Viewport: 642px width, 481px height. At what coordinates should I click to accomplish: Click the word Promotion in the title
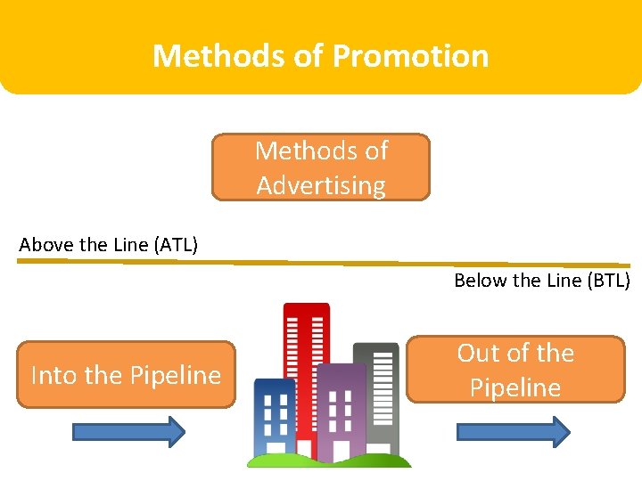coord(411,56)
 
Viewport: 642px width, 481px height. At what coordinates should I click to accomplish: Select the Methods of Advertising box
coord(321,167)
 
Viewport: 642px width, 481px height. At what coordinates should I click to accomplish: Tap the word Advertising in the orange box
coord(321,185)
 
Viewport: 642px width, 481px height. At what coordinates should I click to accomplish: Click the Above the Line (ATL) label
coord(108,244)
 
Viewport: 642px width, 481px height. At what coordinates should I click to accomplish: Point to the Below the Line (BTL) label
coord(541,281)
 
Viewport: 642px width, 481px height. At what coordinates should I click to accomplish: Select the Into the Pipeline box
coord(126,375)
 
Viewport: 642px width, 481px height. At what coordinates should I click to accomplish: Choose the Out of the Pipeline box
coord(515,370)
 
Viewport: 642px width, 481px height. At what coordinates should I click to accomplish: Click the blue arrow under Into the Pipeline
coord(128,432)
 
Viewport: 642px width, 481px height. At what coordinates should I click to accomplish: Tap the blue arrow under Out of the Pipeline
coord(513,432)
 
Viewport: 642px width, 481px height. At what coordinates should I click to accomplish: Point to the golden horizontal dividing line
coord(321,263)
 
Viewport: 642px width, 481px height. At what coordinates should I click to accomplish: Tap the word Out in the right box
coord(478,353)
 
